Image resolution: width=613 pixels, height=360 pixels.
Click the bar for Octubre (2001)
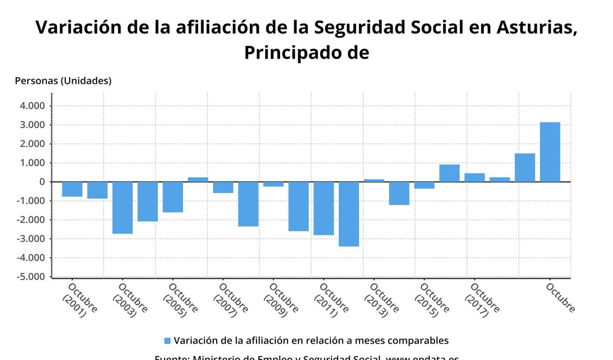[x=72, y=189]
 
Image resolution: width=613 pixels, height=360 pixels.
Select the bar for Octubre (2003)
[x=123, y=207]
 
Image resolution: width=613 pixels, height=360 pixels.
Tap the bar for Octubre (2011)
[x=323, y=208]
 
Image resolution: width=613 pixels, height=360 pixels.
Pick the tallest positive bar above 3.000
[x=550, y=152]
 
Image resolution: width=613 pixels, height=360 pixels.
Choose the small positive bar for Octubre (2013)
[x=374, y=180]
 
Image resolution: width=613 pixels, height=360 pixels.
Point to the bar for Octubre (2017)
[x=475, y=177]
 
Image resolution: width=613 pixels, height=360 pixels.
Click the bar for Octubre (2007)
[x=223, y=187]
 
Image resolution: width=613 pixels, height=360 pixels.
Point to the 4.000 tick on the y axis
[x=33, y=106]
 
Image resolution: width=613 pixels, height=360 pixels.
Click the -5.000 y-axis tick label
[x=32, y=277]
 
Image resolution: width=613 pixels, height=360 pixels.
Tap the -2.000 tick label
[x=32, y=220]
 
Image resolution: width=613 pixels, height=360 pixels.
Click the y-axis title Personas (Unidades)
[x=63, y=81]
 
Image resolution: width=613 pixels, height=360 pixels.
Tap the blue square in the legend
[x=167, y=341]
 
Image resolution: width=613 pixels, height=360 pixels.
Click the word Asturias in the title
[x=537, y=28]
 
